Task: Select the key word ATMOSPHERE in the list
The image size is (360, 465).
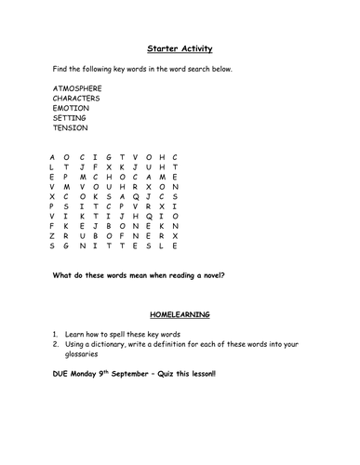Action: pyautogui.click(x=78, y=87)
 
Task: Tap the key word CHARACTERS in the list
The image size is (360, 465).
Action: pyautogui.click(x=77, y=98)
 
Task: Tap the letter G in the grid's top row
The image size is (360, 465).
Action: pyautogui.click(x=108, y=157)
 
